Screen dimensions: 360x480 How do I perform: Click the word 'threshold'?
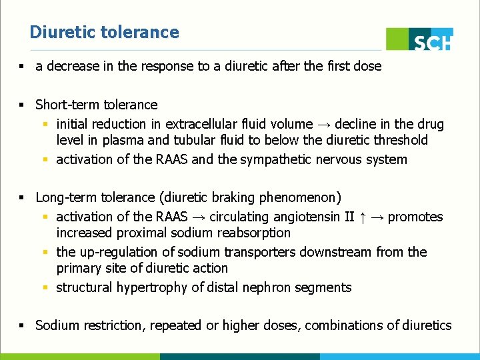400,140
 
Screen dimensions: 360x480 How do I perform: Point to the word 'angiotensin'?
294,217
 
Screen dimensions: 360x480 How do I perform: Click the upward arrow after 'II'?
360,217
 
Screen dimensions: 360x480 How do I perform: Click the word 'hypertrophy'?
151,287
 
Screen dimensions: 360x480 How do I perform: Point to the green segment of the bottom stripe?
80,357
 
